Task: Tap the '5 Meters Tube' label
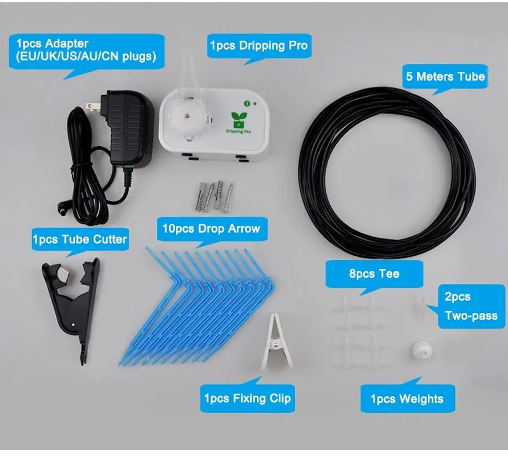click(445, 77)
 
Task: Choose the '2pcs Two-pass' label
click(472, 306)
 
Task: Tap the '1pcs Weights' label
click(406, 399)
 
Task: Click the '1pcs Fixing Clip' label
click(247, 398)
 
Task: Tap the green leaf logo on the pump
click(240, 119)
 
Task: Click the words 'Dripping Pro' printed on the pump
click(240, 131)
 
